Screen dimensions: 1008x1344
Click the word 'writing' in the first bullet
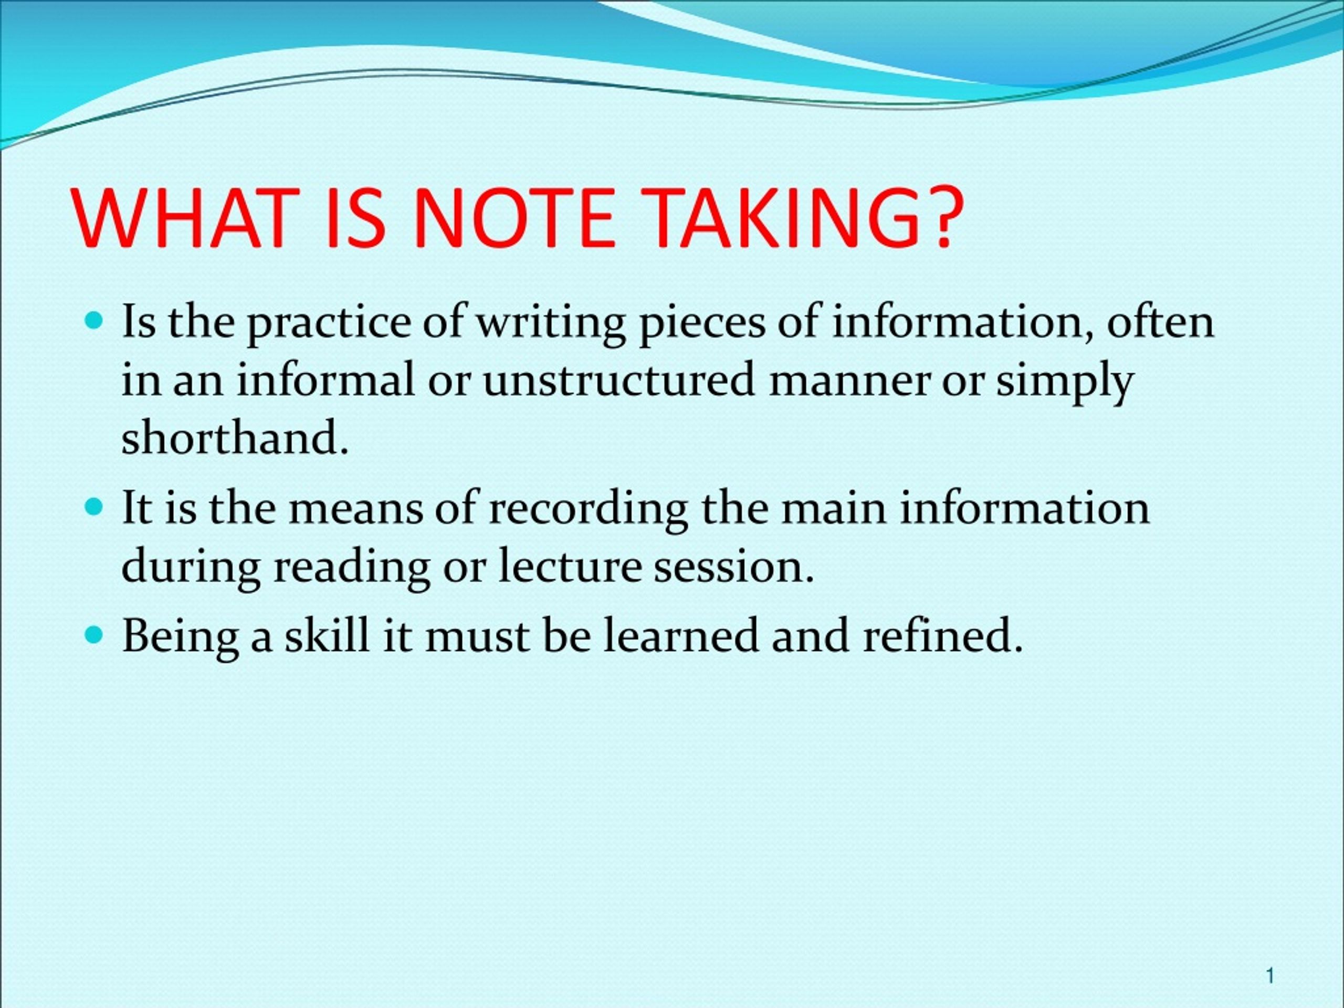(x=550, y=324)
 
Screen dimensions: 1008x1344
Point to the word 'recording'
(x=587, y=509)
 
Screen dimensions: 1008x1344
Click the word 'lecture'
(x=570, y=566)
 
